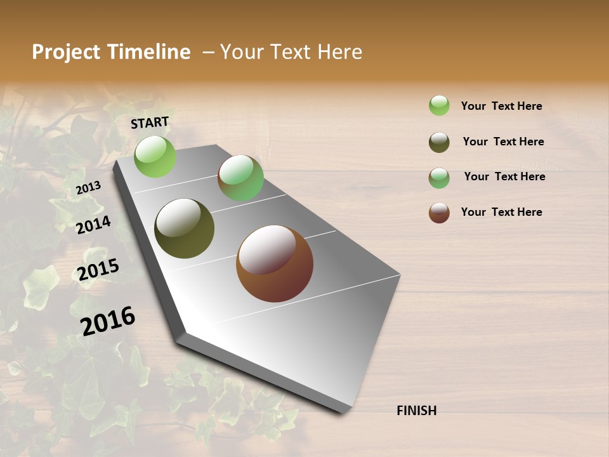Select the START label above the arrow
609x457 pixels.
point(150,123)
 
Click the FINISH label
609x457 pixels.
point(417,411)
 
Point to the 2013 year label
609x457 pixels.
point(88,188)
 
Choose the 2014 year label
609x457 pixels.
point(93,225)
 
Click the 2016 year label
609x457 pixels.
point(108,321)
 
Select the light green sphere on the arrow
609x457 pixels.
point(155,156)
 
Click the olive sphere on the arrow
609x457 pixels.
point(184,228)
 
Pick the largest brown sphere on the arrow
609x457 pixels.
point(275,263)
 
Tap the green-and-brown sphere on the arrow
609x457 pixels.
point(240,178)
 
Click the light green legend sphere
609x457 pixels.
point(439,105)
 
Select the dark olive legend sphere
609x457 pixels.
point(439,142)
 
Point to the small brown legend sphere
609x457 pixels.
point(439,213)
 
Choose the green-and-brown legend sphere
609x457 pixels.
point(439,178)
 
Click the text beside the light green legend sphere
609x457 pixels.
point(501,106)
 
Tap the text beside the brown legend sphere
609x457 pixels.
point(501,212)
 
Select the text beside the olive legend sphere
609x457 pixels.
point(503,142)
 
